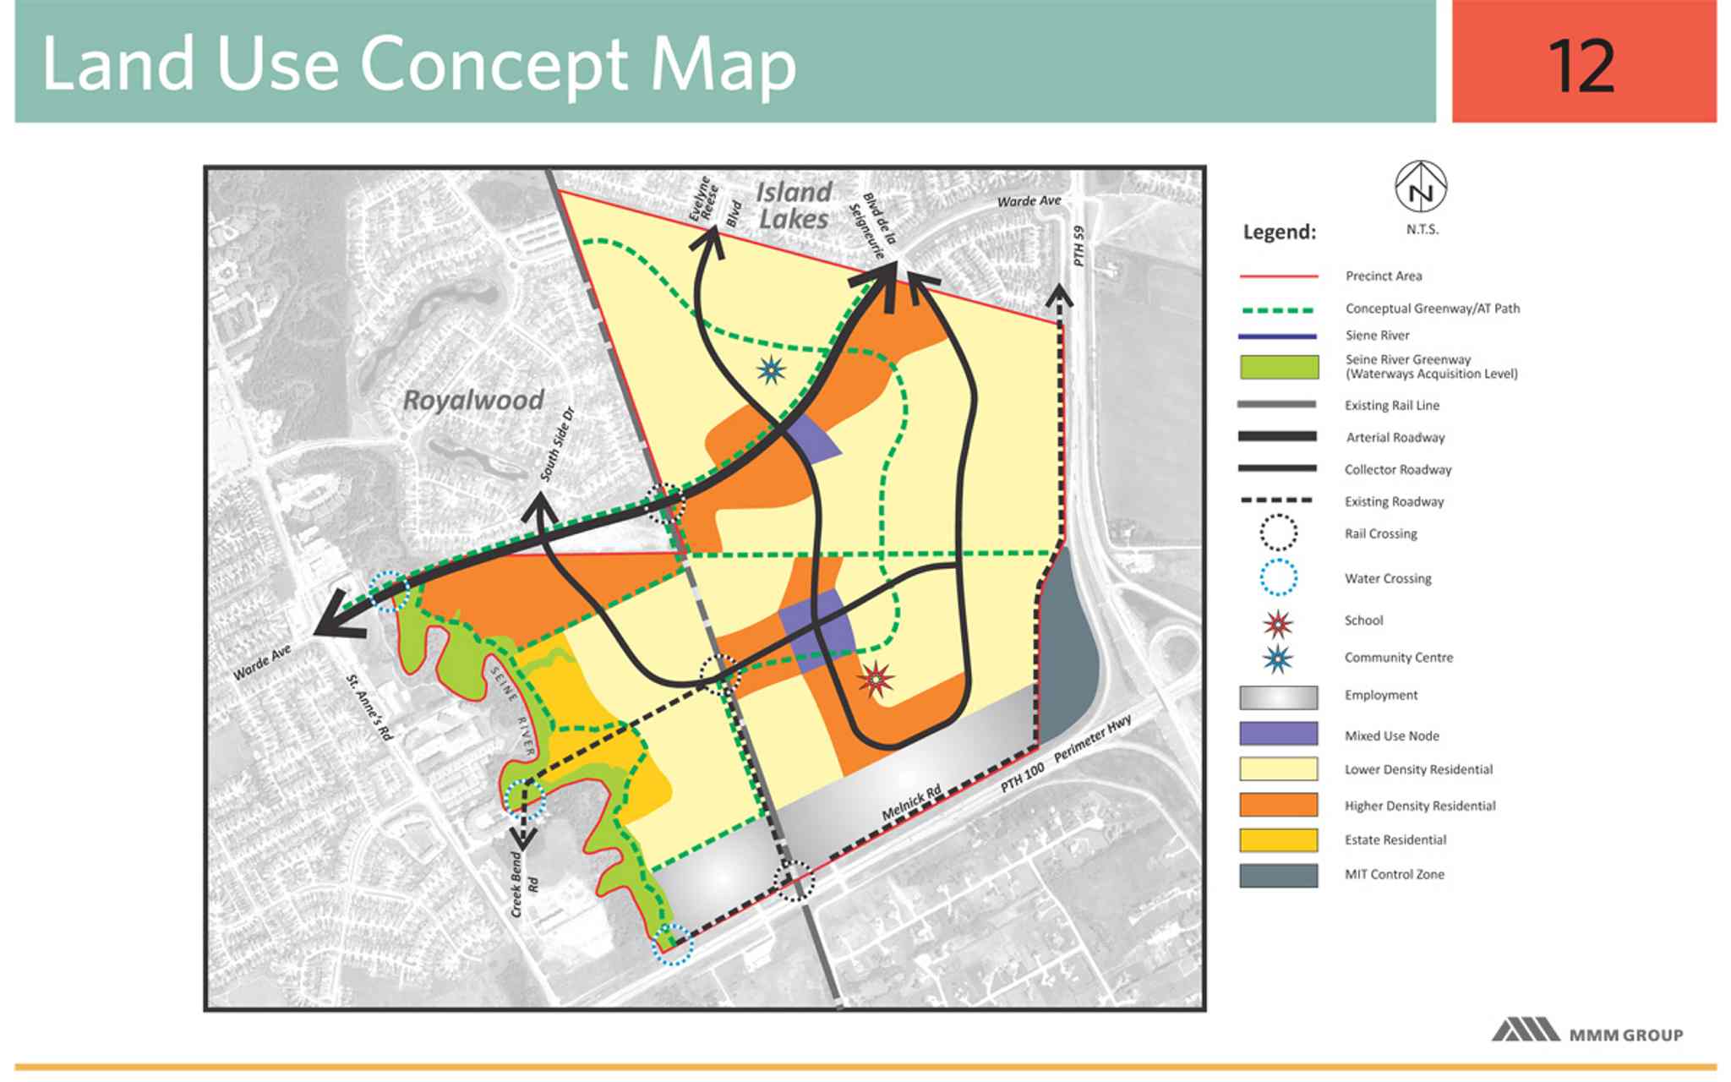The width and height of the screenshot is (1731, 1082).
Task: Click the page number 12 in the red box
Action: pos(1581,66)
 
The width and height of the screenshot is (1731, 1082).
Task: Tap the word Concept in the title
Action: pos(495,66)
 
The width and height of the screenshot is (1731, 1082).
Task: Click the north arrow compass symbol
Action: pos(1420,187)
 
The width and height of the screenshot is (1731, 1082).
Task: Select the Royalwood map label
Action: pos(473,400)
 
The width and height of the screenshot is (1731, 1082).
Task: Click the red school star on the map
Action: pos(876,678)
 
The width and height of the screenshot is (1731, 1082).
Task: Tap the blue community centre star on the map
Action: pos(771,369)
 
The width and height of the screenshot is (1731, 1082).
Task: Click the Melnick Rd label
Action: pos(911,802)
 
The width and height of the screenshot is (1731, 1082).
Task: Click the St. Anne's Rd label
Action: pos(370,708)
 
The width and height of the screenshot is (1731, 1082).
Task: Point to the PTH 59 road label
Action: pos(1078,245)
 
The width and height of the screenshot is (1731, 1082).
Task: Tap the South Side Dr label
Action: pos(557,445)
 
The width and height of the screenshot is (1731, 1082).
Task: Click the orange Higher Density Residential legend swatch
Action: pos(1278,805)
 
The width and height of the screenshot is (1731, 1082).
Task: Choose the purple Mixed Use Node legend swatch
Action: pos(1278,734)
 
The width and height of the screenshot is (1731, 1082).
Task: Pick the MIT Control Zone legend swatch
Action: pos(1278,875)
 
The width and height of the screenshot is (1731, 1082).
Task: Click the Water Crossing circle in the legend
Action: pos(1278,578)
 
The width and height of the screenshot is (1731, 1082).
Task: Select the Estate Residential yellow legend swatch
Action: pos(1278,839)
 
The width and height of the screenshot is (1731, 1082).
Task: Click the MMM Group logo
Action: pos(1586,1032)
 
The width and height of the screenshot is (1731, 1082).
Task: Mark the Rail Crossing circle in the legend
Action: pos(1278,533)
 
